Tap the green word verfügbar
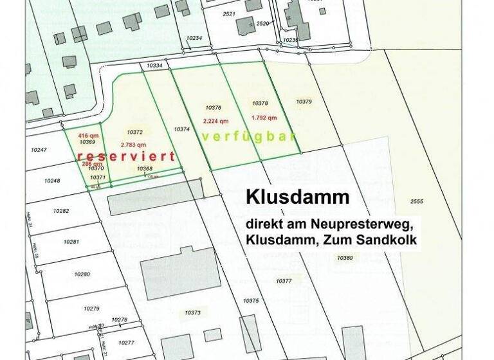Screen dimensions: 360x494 248,137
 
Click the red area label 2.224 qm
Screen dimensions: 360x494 215,121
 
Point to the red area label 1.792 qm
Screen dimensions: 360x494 264,118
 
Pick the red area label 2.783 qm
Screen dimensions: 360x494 132,145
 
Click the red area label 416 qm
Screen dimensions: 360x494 88,136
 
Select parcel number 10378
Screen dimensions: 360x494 260,103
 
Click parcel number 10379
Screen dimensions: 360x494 304,102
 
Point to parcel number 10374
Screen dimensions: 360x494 182,129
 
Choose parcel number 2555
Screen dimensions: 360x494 416,202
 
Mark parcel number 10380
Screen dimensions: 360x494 345,257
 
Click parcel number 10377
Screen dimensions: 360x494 284,281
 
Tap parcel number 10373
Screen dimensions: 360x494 192,312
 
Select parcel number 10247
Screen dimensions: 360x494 39,150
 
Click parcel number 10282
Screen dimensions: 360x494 61,211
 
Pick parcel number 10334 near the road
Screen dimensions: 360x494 154,66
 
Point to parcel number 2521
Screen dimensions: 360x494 228,13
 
